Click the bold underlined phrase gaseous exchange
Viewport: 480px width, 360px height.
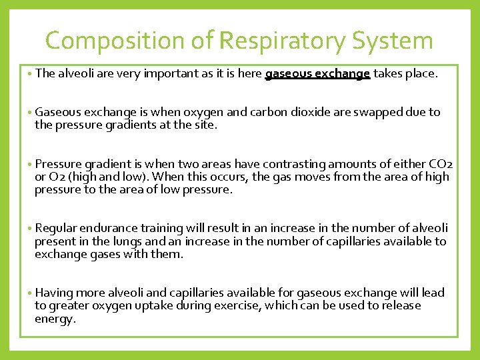pos(317,74)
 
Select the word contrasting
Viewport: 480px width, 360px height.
pos(292,164)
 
